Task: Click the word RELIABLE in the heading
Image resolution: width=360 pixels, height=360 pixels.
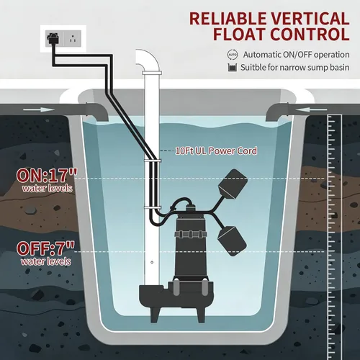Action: tap(228, 19)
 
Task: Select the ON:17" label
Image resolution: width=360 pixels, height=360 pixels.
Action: tap(47, 176)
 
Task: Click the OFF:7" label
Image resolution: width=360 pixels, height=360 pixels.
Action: tap(45, 248)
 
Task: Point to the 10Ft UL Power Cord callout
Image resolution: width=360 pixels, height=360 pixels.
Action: tap(216, 150)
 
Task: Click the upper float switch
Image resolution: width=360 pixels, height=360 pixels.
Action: tap(233, 184)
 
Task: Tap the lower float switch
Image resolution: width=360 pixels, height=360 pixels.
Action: tap(232, 240)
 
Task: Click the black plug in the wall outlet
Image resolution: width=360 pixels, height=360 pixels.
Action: tap(53, 38)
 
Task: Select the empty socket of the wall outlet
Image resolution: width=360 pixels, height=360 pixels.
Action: tap(73, 38)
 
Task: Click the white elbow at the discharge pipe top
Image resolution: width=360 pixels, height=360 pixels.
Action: tap(148, 60)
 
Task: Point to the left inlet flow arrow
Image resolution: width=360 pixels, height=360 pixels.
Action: tap(39, 110)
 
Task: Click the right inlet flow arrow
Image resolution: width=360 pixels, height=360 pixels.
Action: tap(311, 110)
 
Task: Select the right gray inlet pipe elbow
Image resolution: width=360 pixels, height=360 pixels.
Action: tap(277, 112)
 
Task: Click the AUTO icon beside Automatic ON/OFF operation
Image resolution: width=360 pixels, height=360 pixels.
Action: tap(233, 55)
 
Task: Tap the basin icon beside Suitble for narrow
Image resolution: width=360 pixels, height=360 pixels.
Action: tap(232, 68)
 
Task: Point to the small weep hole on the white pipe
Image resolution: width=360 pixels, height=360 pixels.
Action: tap(152, 262)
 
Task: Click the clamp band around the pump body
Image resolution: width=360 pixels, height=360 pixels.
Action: tap(191, 235)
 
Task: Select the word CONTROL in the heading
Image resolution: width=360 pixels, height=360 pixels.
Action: tap(310, 35)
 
